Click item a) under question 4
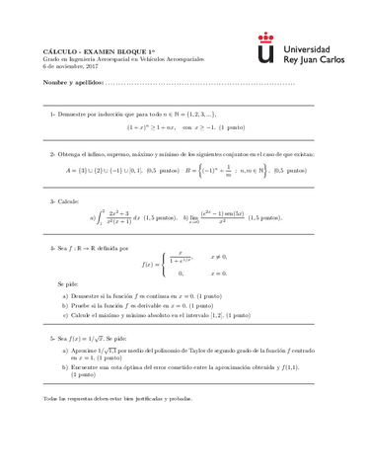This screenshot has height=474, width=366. pos(65,295)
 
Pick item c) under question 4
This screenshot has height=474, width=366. pos(65,315)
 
